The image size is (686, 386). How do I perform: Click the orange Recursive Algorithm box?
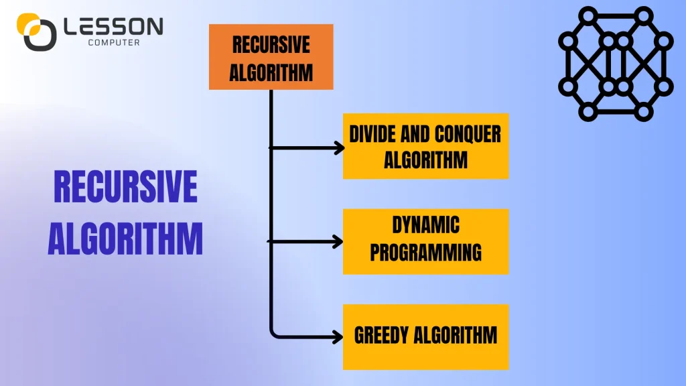[271, 57]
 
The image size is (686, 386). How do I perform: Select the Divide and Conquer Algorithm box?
[425, 146]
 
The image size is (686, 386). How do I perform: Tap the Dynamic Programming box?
[425, 241]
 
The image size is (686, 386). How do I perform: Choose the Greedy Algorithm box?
[425, 336]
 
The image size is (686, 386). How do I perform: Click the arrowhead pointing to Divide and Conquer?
[340, 148]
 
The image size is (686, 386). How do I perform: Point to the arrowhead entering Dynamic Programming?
[340, 241]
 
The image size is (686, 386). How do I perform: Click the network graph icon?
[614, 63]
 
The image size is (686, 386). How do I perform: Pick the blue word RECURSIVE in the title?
[125, 187]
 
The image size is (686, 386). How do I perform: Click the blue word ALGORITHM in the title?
[125, 238]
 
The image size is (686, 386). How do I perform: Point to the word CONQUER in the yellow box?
[468, 134]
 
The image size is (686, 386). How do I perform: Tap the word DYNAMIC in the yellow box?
[426, 225]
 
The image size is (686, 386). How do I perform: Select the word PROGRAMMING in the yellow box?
[426, 253]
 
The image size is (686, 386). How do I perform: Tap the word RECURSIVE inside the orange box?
[271, 45]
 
